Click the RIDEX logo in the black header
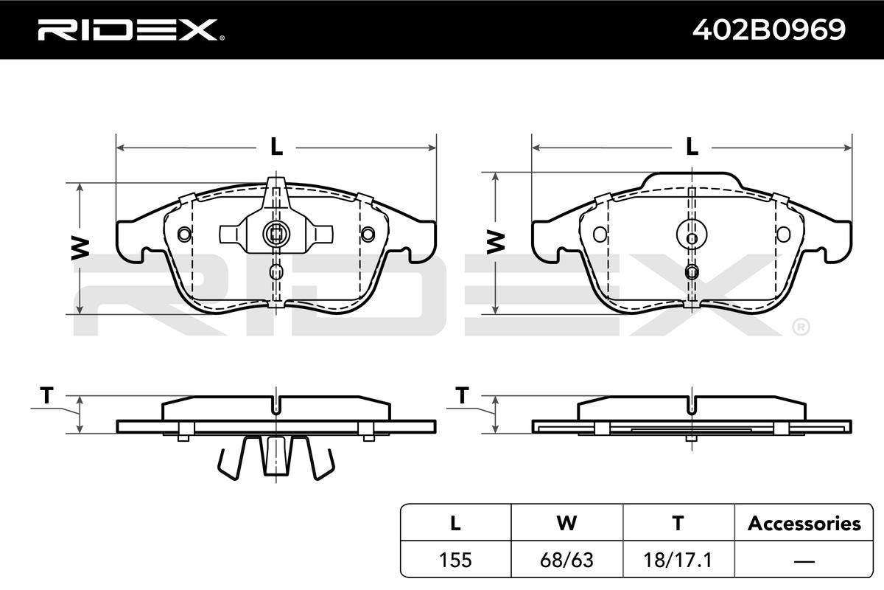131,30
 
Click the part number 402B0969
769,30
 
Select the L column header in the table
455,523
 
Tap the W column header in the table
566,523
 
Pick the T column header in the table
678,523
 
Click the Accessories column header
804,523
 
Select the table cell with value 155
455,560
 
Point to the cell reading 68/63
566,560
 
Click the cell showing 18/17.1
678,560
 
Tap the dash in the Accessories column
804,560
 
